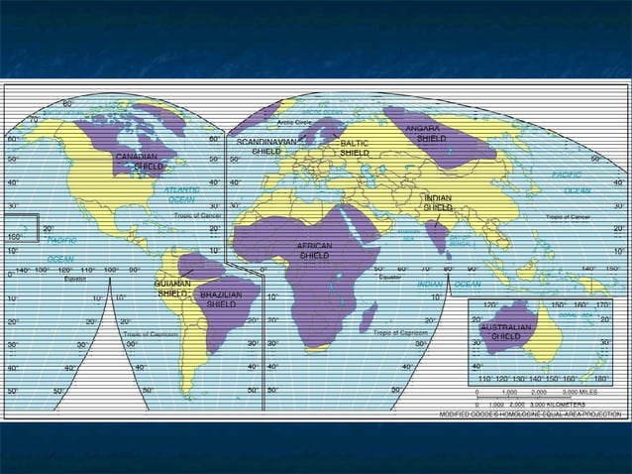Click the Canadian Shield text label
click(140, 162)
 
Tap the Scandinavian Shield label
click(265, 147)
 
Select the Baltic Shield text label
click(354, 149)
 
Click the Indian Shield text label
click(438, 202)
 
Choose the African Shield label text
click(314, 250)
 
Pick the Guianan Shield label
click(172, 289)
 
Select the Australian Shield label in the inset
click(505, 331)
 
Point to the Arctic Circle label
click(294, 122)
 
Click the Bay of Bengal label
click(462, 239)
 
